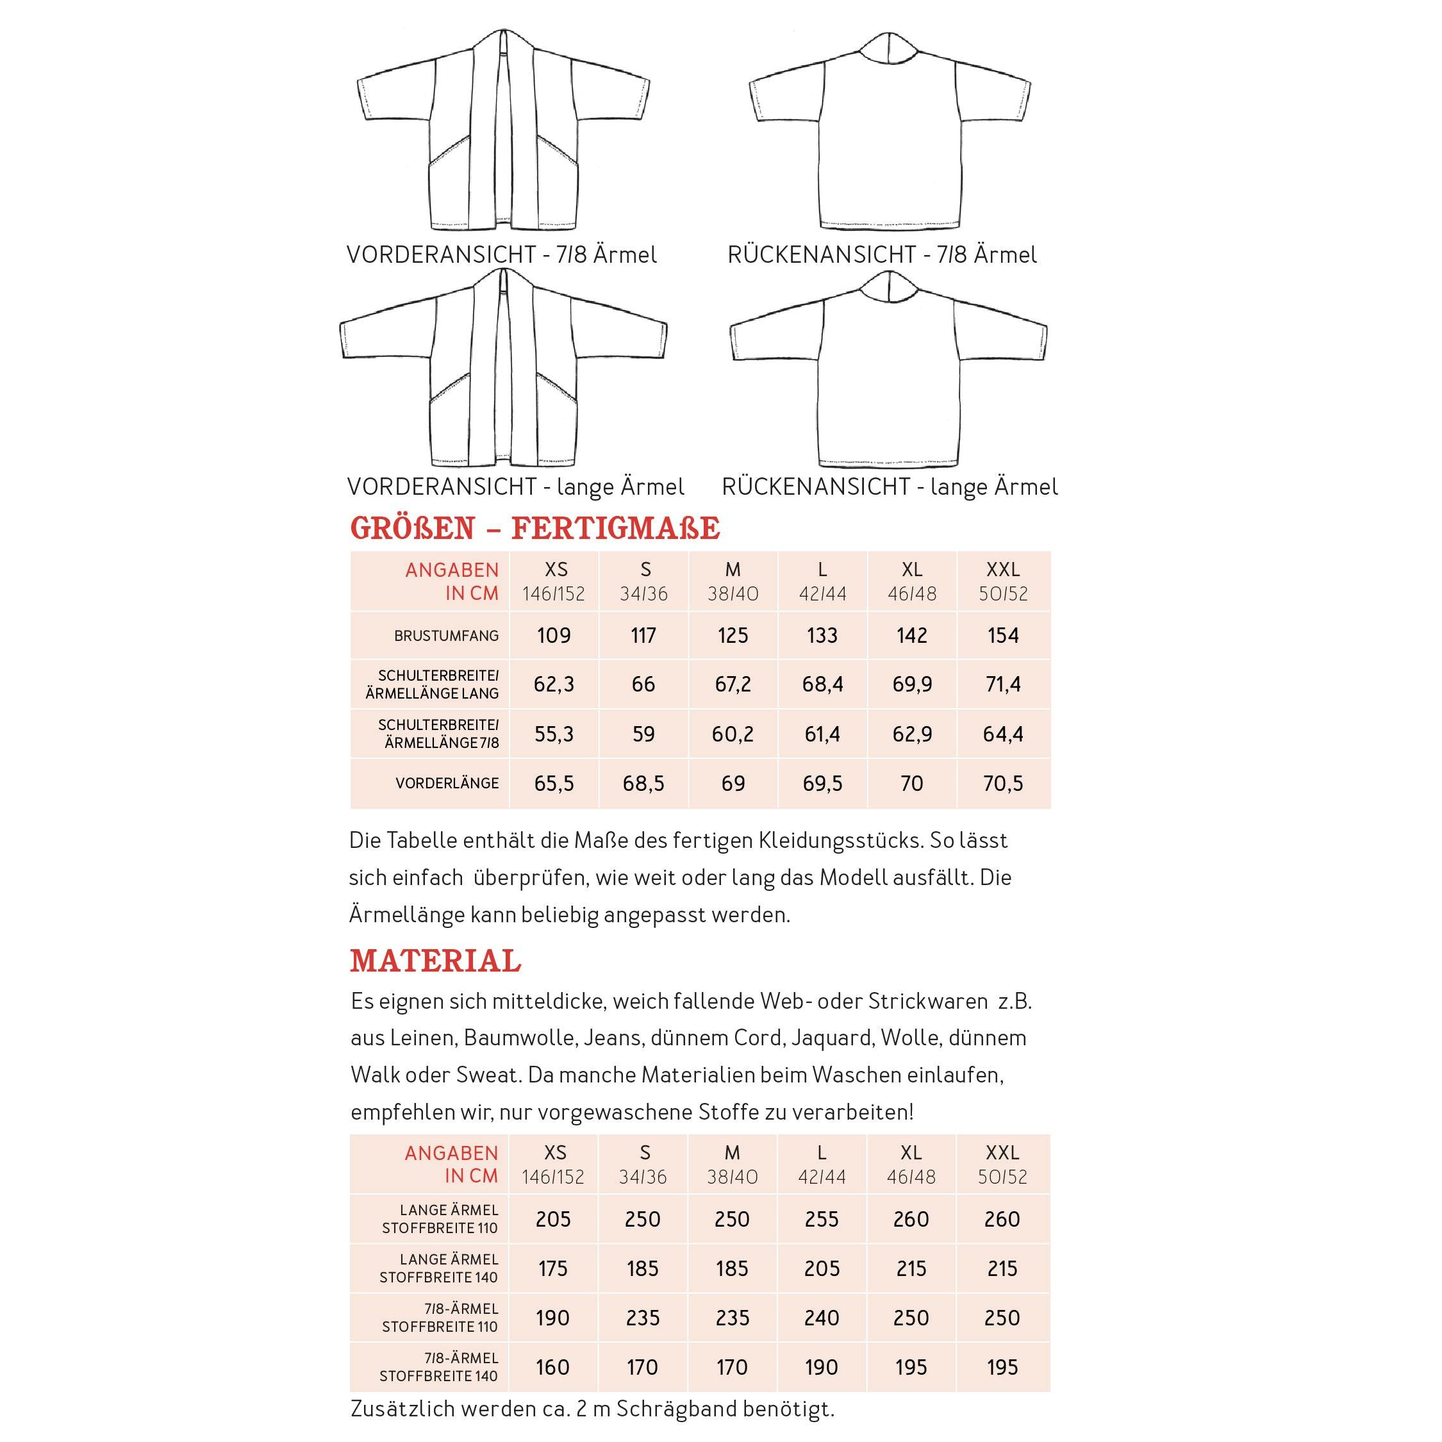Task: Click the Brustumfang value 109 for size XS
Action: pos(554,636)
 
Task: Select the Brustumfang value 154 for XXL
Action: pos(1002,636)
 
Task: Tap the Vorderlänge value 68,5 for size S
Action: pos(643,784)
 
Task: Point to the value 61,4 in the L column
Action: pos(822,734)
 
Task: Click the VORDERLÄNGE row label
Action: pos(447,784)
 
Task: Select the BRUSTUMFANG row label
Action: pos(446,636)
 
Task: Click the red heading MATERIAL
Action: pos(435,961)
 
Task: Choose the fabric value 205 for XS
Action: pos(553,1220)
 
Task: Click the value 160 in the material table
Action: pos(552,1368)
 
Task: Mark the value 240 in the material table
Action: pos(822,1318)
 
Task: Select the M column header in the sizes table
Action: pos(733,570)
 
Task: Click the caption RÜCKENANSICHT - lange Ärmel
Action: pos(890,487)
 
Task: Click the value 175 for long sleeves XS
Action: pos(553,1269)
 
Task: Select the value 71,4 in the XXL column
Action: pos(1002,684)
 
